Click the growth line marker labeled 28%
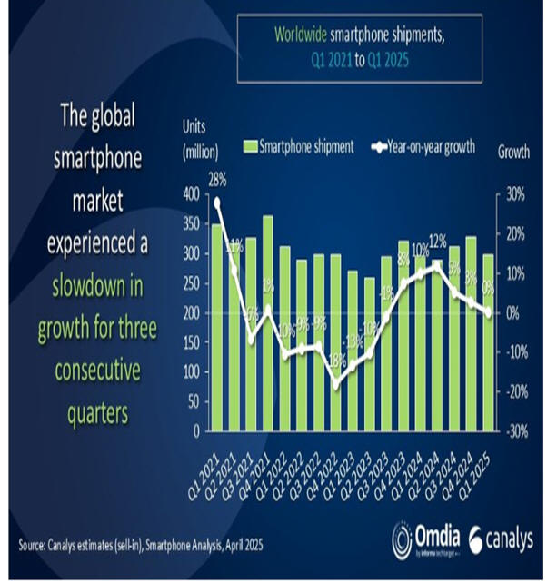click(x=216, y=203)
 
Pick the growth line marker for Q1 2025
click(x=489, y=312)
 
